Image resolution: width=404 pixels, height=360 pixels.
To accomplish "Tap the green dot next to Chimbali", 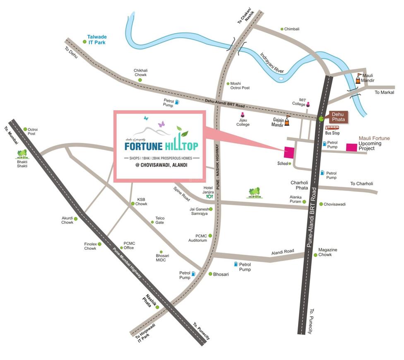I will tap(282, 29).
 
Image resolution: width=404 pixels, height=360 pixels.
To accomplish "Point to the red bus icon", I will tap(332, 128).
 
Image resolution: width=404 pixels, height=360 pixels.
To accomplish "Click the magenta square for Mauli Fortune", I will tap(351, 147).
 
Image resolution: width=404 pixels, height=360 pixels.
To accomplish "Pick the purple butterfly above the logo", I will tap(161, 124).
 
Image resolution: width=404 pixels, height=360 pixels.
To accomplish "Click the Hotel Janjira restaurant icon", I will tap(209, 197).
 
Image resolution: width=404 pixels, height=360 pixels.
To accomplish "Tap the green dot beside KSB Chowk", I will tap(132, 204).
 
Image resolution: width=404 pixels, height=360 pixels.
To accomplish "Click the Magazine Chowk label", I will tap(327, 252).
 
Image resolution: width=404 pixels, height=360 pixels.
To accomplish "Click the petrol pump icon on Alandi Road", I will tap(236, 264).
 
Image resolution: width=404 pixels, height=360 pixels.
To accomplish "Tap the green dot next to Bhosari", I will tap(210, 274).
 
